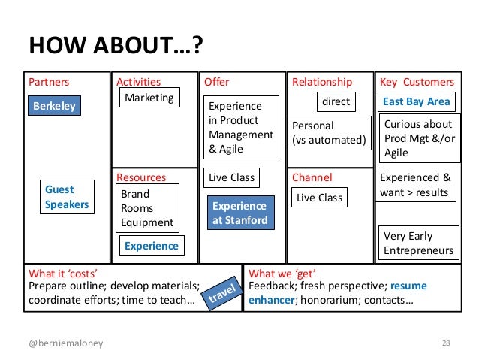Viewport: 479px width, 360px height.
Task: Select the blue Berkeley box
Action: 54,106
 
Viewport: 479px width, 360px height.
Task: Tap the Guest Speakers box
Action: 67,197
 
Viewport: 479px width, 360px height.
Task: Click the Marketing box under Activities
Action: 149,98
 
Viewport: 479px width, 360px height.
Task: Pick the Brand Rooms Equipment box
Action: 147,208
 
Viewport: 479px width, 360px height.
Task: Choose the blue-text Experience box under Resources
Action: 152,246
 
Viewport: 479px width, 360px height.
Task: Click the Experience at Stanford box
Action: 239,213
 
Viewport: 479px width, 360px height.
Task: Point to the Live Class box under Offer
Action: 232,178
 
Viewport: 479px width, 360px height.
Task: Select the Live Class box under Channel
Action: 319,198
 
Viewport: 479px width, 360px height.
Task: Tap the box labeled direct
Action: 336,101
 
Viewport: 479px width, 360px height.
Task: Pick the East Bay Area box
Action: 417,101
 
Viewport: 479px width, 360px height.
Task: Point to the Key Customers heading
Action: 417,82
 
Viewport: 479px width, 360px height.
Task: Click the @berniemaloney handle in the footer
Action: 67,344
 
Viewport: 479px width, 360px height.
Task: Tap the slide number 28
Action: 446,344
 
